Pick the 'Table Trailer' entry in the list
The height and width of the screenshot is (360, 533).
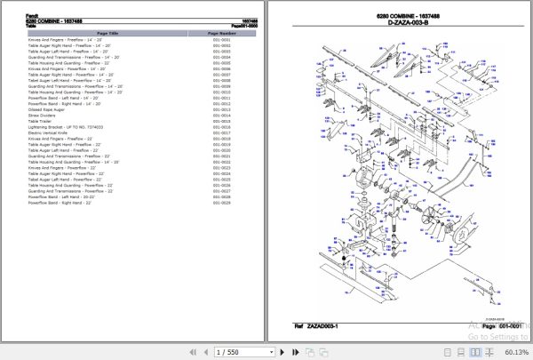pos(40,122)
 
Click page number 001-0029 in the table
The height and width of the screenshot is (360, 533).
pos(222,203)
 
